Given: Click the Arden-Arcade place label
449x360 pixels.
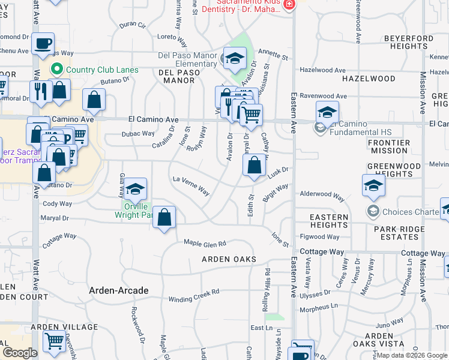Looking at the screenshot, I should point(118,290).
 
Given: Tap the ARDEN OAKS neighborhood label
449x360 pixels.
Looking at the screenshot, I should point(229,259).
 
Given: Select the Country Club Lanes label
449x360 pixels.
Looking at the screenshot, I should point(102,70).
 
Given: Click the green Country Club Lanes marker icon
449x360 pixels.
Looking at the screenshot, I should point(58,70).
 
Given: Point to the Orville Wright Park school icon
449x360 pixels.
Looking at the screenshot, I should point(136,189).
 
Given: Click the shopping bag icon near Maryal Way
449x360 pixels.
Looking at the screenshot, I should point(164,217).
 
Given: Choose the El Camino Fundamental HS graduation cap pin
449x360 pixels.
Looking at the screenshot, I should point(327,112).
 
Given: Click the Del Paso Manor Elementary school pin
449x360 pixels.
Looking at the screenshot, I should point(235,58).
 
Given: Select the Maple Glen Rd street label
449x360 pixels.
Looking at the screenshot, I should point(205,244).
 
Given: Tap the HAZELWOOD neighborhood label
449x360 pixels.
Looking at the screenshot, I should point(369,79).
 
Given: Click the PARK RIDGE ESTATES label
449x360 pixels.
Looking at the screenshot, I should point(396,233).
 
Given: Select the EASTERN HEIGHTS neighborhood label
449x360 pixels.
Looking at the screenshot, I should point(329,221).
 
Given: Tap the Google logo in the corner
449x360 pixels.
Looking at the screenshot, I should point(20,353).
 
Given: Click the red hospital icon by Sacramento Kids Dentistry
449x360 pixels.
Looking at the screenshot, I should point(289,4).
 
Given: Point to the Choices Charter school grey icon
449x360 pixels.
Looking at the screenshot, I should point(373,211).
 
